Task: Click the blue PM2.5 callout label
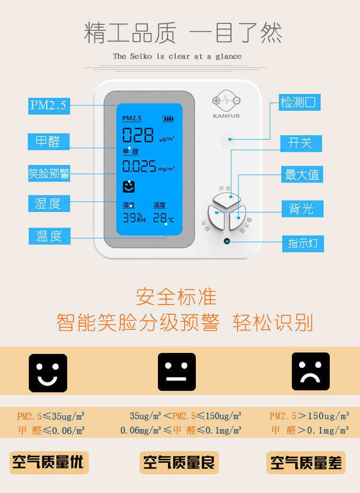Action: (49, 106)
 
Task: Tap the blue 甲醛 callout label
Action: (49, 142)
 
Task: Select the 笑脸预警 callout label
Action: (49, 174)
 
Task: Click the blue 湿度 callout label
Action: (49, 203)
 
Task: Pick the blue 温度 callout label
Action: (49, 236)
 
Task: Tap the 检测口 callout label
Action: (300, 103)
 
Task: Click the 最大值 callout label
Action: (302, 175)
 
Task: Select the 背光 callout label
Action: (302, 209)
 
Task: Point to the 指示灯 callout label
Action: (303, 243)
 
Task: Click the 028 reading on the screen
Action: (138, 135)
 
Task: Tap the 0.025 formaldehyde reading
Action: (139, 166)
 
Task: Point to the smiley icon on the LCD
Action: (129, 187)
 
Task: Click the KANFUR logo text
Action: (227, 116)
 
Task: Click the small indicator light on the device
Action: (227, 241)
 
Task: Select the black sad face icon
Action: (311, 372)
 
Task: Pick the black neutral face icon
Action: (177, 372)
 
